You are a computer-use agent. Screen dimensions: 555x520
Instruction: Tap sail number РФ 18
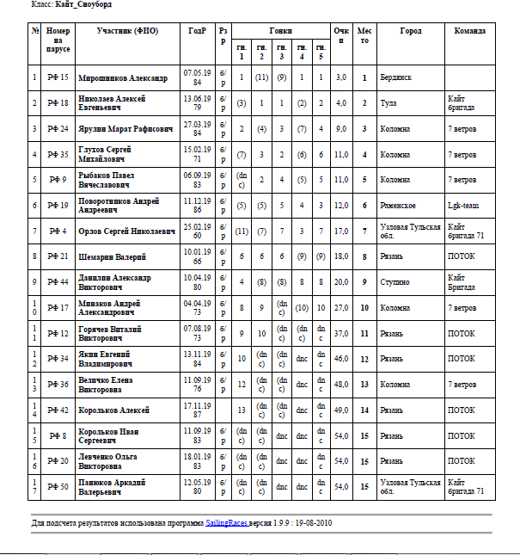(x=58, y=103)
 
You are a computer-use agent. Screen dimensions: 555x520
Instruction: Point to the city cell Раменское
(x=399, y=206)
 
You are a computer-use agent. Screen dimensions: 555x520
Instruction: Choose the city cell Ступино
(x=395, y=282)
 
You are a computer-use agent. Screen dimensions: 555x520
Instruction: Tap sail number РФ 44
(x=58, y=282)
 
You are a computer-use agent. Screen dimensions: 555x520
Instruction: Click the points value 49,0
(x=341, y=410)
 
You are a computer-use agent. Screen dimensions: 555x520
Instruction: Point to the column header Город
(x=411, y=31)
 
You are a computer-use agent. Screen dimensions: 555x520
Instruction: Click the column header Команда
(x=470, y=31)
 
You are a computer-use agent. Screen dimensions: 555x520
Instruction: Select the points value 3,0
(x=341, y=77)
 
